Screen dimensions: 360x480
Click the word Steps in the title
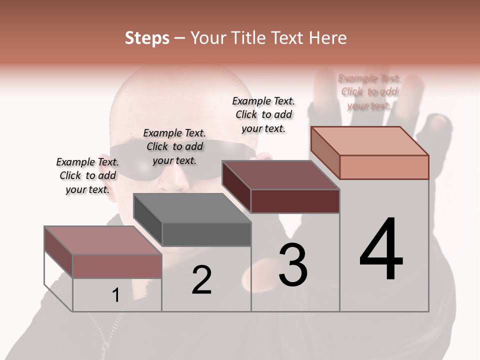[x=147, y=38]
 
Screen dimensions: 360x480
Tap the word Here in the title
[x=327, y=38]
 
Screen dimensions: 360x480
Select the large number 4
[x=381, y=249]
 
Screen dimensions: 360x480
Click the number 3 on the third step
[x=293, y=265]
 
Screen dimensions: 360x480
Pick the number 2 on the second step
[x=201, y=280]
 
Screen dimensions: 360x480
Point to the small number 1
[x=116, y=295]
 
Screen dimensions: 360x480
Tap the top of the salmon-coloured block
[x=370, y=141]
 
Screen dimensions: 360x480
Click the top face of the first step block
[x=103, y=240]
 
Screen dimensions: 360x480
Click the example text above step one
[x=87, y=175]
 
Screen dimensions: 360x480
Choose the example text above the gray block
[x=174, y=146]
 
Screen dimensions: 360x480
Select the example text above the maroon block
[x=263, y=114]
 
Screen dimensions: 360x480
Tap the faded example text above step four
[x=369, y=91]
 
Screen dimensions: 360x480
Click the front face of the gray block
[x=206, y=234]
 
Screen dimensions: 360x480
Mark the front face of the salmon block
[x=384, y=167]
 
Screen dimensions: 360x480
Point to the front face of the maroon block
[x=295, y=201]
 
